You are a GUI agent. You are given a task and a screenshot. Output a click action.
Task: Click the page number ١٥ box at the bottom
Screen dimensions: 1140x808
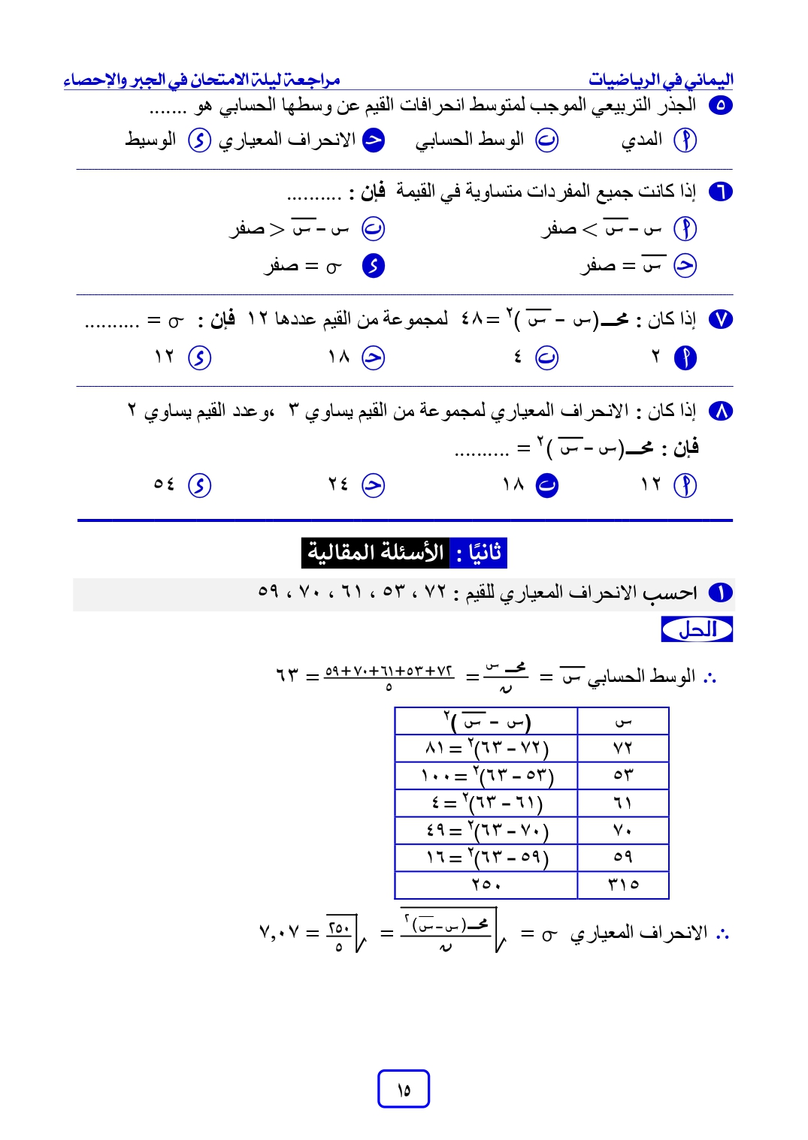[404, 1088]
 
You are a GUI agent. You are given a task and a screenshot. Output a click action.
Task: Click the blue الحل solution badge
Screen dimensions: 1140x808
[697, 629]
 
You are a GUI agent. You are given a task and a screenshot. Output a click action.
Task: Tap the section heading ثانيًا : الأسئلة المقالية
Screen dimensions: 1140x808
[404, 553]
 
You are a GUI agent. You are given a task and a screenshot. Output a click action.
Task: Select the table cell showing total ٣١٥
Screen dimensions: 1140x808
[623, 884]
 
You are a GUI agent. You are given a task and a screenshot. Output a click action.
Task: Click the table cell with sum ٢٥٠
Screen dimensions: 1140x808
[486, 884]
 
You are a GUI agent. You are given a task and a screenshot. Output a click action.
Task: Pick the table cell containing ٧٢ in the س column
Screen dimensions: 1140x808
[623, 748]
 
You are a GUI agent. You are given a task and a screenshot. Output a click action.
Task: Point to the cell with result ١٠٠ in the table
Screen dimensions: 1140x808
[486, 775]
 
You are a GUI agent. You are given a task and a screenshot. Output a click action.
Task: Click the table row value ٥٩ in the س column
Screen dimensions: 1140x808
[623, 857]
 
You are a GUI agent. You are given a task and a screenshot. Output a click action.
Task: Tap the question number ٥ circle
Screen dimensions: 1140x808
[720, 105]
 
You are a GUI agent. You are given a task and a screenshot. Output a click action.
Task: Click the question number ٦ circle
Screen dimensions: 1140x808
[720, 192]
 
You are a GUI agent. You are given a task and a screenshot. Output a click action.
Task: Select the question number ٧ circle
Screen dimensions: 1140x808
[720, 320]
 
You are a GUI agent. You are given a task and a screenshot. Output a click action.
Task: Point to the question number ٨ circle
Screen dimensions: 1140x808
[720, 411]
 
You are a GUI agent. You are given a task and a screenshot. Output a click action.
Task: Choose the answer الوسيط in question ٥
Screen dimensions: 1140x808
[151, 140]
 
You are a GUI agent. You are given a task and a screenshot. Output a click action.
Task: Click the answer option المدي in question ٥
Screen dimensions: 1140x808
[642, 140]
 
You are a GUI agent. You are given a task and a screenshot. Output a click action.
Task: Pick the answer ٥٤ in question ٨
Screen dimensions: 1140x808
[165, 485]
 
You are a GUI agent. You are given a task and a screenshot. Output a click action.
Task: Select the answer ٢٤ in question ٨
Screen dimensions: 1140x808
[338, 485]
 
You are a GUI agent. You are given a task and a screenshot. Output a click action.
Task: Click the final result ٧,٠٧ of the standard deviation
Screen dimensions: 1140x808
[279, 933]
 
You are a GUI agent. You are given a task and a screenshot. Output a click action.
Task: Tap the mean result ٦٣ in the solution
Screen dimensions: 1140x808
[287, 675]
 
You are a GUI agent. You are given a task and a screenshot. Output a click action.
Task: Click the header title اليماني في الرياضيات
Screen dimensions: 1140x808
[661, 79]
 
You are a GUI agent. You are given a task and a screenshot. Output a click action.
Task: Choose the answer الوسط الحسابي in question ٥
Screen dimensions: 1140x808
[470, 140]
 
